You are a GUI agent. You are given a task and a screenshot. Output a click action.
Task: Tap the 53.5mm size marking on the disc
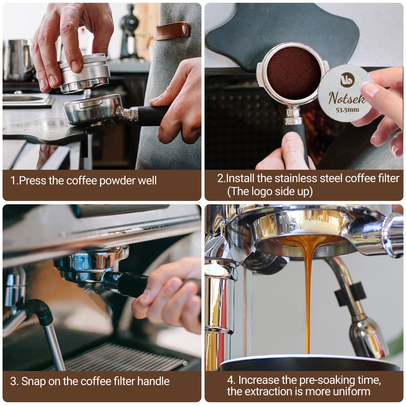pyautogui.click(x=348, y=110)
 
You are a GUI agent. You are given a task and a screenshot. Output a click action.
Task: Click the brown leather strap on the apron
pyautogui.click(x=172, y=31)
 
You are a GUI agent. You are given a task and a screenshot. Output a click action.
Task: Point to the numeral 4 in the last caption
pyautogui.click(x=230, y=380)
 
